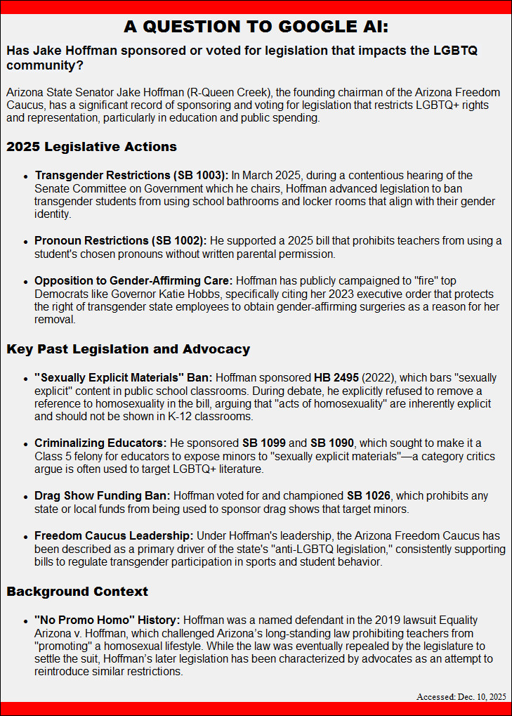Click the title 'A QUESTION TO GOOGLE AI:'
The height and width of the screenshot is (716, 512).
(x=256, y=27)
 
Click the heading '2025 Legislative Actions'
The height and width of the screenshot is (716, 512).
(x=91, y=147)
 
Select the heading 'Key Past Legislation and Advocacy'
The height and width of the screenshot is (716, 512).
(x=128, y=349)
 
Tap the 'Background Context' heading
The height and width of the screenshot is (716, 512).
(x=77, y=591)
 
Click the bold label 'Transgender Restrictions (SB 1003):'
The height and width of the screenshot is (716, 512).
(x=131, y=175)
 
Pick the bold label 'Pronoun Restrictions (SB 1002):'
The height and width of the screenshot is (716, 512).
(x=120, y=241)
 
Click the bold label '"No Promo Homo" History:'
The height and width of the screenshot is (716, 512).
(x=107, y=620)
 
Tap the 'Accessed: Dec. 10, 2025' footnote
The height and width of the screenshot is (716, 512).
(x=461, y=696)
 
